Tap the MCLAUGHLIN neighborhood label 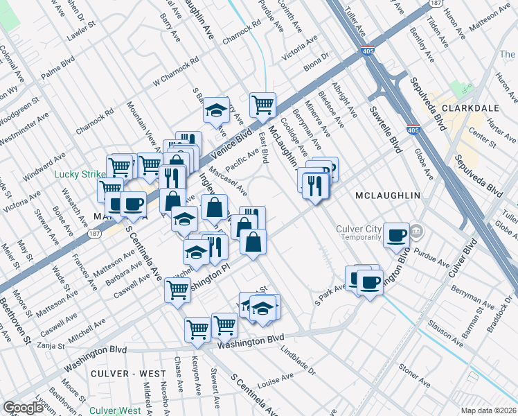(387, 196)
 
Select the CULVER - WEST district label (128, 374)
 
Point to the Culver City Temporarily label (359, 232)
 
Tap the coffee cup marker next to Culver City (396, 235)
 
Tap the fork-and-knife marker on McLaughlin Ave (315, 185)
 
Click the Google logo (23, 408)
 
